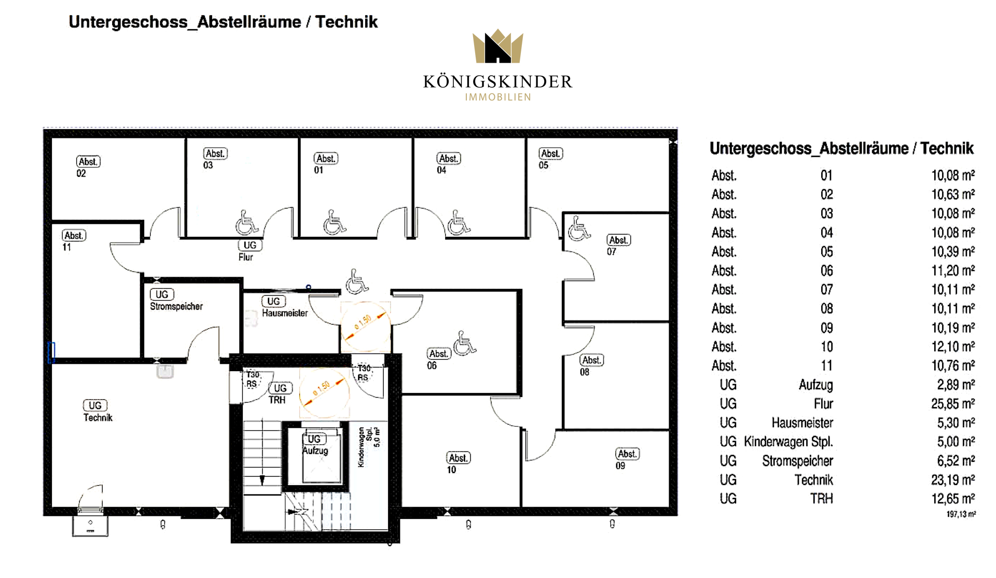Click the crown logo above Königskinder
point(497,47)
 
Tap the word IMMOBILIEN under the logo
point(497,97)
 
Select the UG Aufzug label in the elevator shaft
point(315,445)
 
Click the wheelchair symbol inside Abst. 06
point(464,343)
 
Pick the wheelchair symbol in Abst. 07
point(578,229)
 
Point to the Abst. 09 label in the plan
point(627,459)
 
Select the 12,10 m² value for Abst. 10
point(952,347)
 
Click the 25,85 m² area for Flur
point(952,404)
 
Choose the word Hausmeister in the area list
point(802,423)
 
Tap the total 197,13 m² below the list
point(961,514)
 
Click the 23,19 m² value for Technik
point(952,480)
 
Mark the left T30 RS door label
point(252,379)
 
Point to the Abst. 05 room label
point(550,159)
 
